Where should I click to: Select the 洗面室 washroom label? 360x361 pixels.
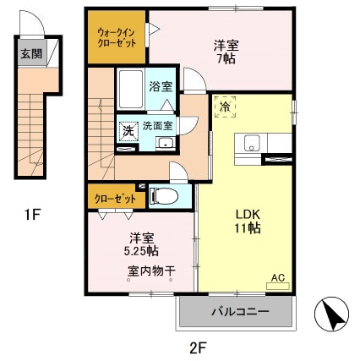157,125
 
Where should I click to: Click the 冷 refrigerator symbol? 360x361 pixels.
226,107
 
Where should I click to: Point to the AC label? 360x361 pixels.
277,276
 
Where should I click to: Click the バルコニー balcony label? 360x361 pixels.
239,312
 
